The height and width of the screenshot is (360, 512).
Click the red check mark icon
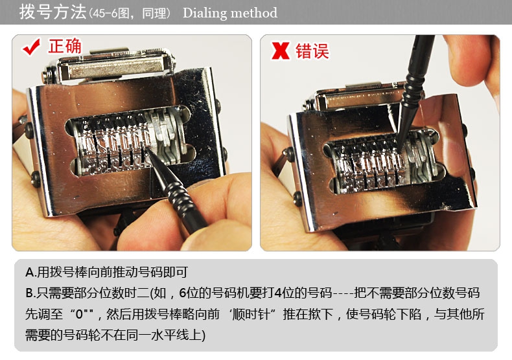[31, 47]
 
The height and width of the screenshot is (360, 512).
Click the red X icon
[280, 51]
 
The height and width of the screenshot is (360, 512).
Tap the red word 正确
[65, 46]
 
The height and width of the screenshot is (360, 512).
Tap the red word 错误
[312, 51]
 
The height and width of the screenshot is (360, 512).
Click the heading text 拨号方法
[52, 12]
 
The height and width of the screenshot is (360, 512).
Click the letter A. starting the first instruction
[30, 272]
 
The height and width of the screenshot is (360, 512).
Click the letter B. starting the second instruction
[30, 293]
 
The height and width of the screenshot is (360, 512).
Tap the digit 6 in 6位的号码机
[183, 293]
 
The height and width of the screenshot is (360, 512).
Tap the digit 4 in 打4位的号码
[278, 293]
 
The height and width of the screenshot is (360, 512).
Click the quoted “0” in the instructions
[81, 314]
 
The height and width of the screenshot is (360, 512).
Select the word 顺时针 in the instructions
[251, 314]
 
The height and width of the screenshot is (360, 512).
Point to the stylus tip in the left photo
[146, 148]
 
